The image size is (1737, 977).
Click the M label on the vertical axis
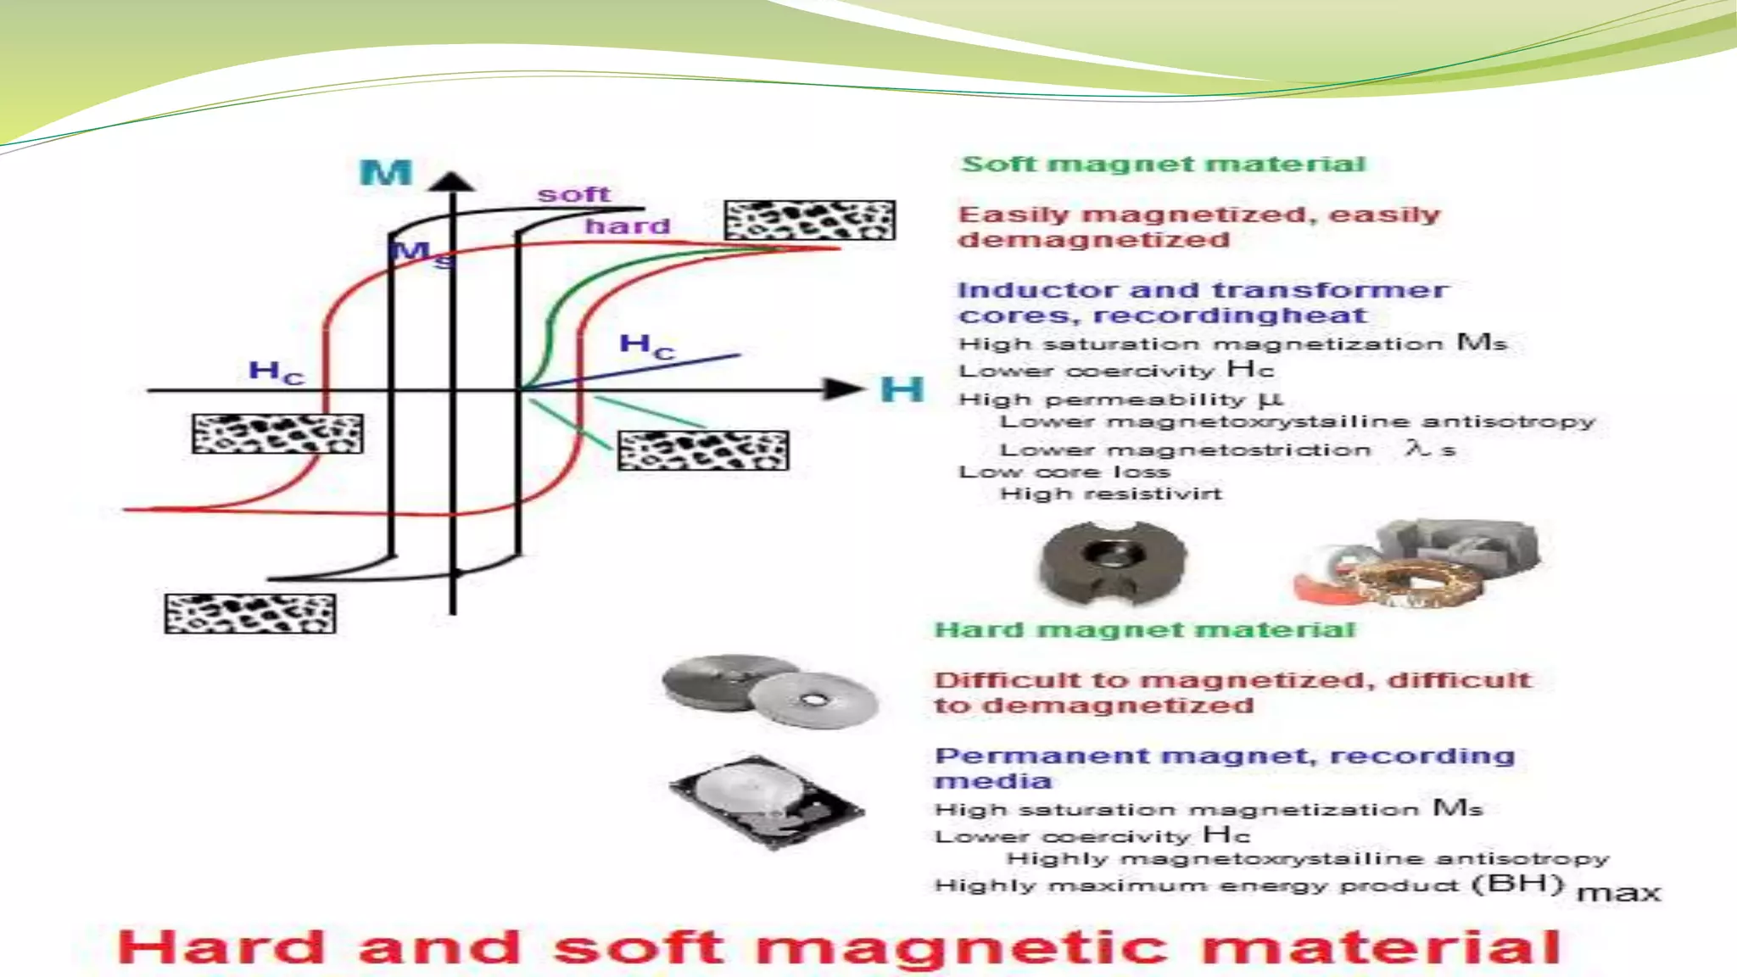pos(386,173)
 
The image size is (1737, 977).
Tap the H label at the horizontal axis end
pos(901,390)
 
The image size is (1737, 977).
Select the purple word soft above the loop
pos(573,195)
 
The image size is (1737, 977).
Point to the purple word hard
pos(628,226)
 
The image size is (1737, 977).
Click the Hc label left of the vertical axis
pos(276,371)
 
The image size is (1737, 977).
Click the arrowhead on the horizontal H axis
pos(843,389)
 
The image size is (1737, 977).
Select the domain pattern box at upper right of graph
pos(809,221)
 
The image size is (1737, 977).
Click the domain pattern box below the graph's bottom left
pos(250,613)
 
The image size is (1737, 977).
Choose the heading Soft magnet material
pos(1164,165)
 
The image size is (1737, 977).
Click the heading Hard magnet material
pos(1144,630)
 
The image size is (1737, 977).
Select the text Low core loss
pos(1064,472)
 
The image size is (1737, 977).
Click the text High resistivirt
pos(1111,494)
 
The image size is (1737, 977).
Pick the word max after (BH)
pos(1618,893)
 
